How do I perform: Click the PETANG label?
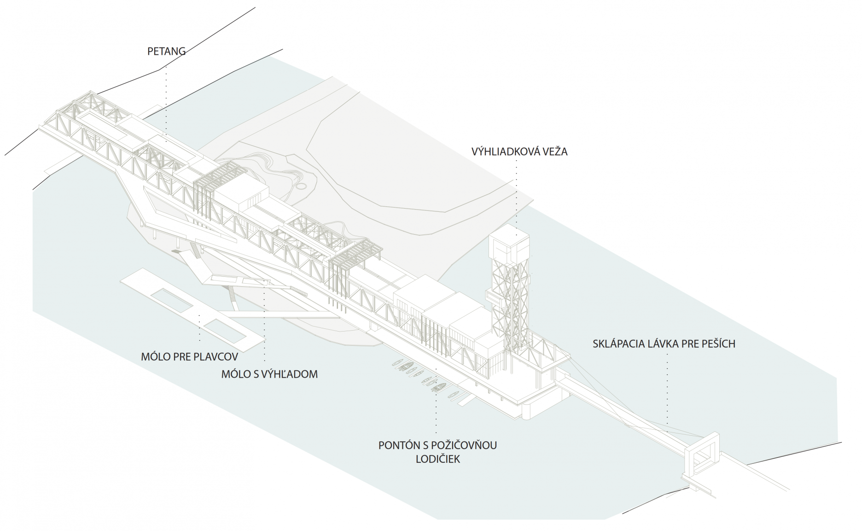[166, 51]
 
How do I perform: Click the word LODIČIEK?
[437, 459]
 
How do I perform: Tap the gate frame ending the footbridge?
[702, 454]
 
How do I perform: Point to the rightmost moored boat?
[453, 395]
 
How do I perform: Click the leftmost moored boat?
[396, 363]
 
